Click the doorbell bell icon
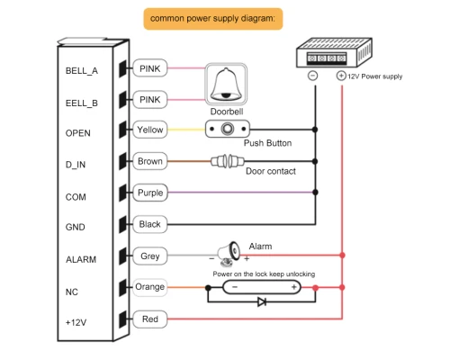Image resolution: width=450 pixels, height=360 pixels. (226, 85)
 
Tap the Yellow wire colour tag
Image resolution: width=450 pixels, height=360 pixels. (149, 130)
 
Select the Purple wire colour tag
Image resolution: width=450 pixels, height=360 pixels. (150, 193)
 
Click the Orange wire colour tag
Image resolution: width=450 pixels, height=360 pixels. (149, 287)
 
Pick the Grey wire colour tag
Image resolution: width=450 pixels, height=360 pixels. (149, 256)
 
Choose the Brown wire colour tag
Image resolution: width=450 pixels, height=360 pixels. (149, 161)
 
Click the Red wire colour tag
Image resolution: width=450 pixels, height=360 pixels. (149, 319)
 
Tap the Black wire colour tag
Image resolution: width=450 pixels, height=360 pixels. (149, 224)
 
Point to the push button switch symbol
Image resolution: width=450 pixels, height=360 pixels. (228, 129)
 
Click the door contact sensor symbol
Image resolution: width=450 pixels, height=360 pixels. (228, 161)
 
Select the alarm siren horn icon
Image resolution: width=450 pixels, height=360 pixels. (229, 254)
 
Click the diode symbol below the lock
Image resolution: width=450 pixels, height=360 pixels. (262, 301)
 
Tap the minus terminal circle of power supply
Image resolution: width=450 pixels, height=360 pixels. (313, 76)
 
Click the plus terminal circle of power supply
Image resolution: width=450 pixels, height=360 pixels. (341, 76)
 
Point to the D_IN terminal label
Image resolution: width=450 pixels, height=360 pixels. (76, 165)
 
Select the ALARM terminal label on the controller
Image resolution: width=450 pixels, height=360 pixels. (81, 259)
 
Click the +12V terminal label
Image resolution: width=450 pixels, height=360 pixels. (76, 323)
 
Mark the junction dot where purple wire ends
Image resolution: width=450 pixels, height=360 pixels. (315, 193)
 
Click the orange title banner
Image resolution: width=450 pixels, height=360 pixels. (213, 19)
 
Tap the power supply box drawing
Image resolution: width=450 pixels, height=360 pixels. (334, 52)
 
